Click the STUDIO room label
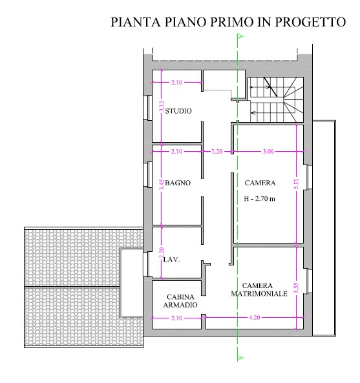(178, 111)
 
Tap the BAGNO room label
(177, 183)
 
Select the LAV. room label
(171, 260)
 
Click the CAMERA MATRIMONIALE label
(257, 289)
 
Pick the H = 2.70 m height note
(259, 199)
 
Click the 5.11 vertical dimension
(295, 183)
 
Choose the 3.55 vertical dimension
(295, 287)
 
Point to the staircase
(275, 97)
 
